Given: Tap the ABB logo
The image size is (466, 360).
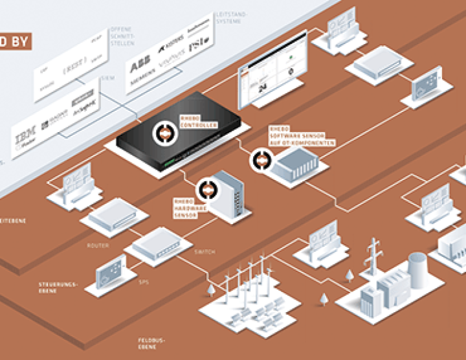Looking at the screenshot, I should tap(139, 67).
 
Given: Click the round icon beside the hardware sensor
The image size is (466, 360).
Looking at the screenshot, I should tap(208, 188).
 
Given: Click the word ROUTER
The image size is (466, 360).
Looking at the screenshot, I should tap(97, 246).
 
